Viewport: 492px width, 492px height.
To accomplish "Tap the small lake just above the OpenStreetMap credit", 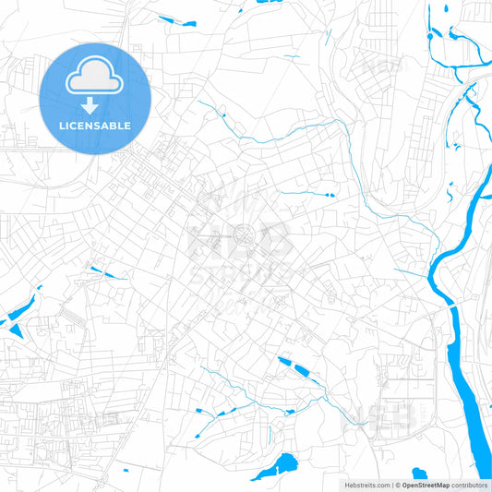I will (x=419, y=474).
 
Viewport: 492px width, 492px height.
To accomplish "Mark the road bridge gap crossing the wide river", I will (x=451, y=304).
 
